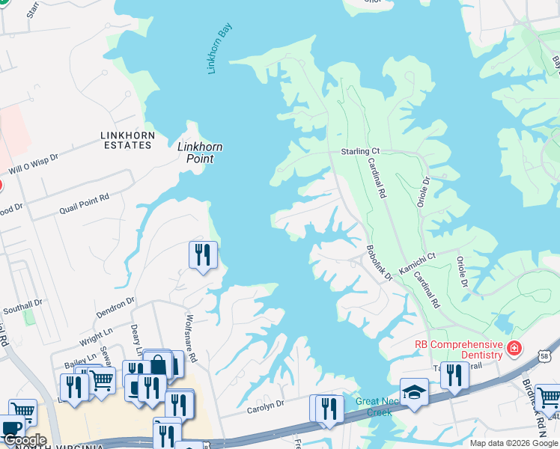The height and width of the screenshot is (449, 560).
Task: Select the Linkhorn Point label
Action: point(199,153)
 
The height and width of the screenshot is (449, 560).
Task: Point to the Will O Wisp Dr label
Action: point(37,159)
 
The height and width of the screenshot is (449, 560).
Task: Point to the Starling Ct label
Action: point(360,151)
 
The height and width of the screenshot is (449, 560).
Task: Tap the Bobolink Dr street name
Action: point(379,263)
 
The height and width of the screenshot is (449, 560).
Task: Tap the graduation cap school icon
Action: point(414,392)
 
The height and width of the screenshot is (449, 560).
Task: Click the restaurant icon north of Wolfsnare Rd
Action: point(203,255)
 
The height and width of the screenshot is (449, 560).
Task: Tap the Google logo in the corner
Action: point(24,441)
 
